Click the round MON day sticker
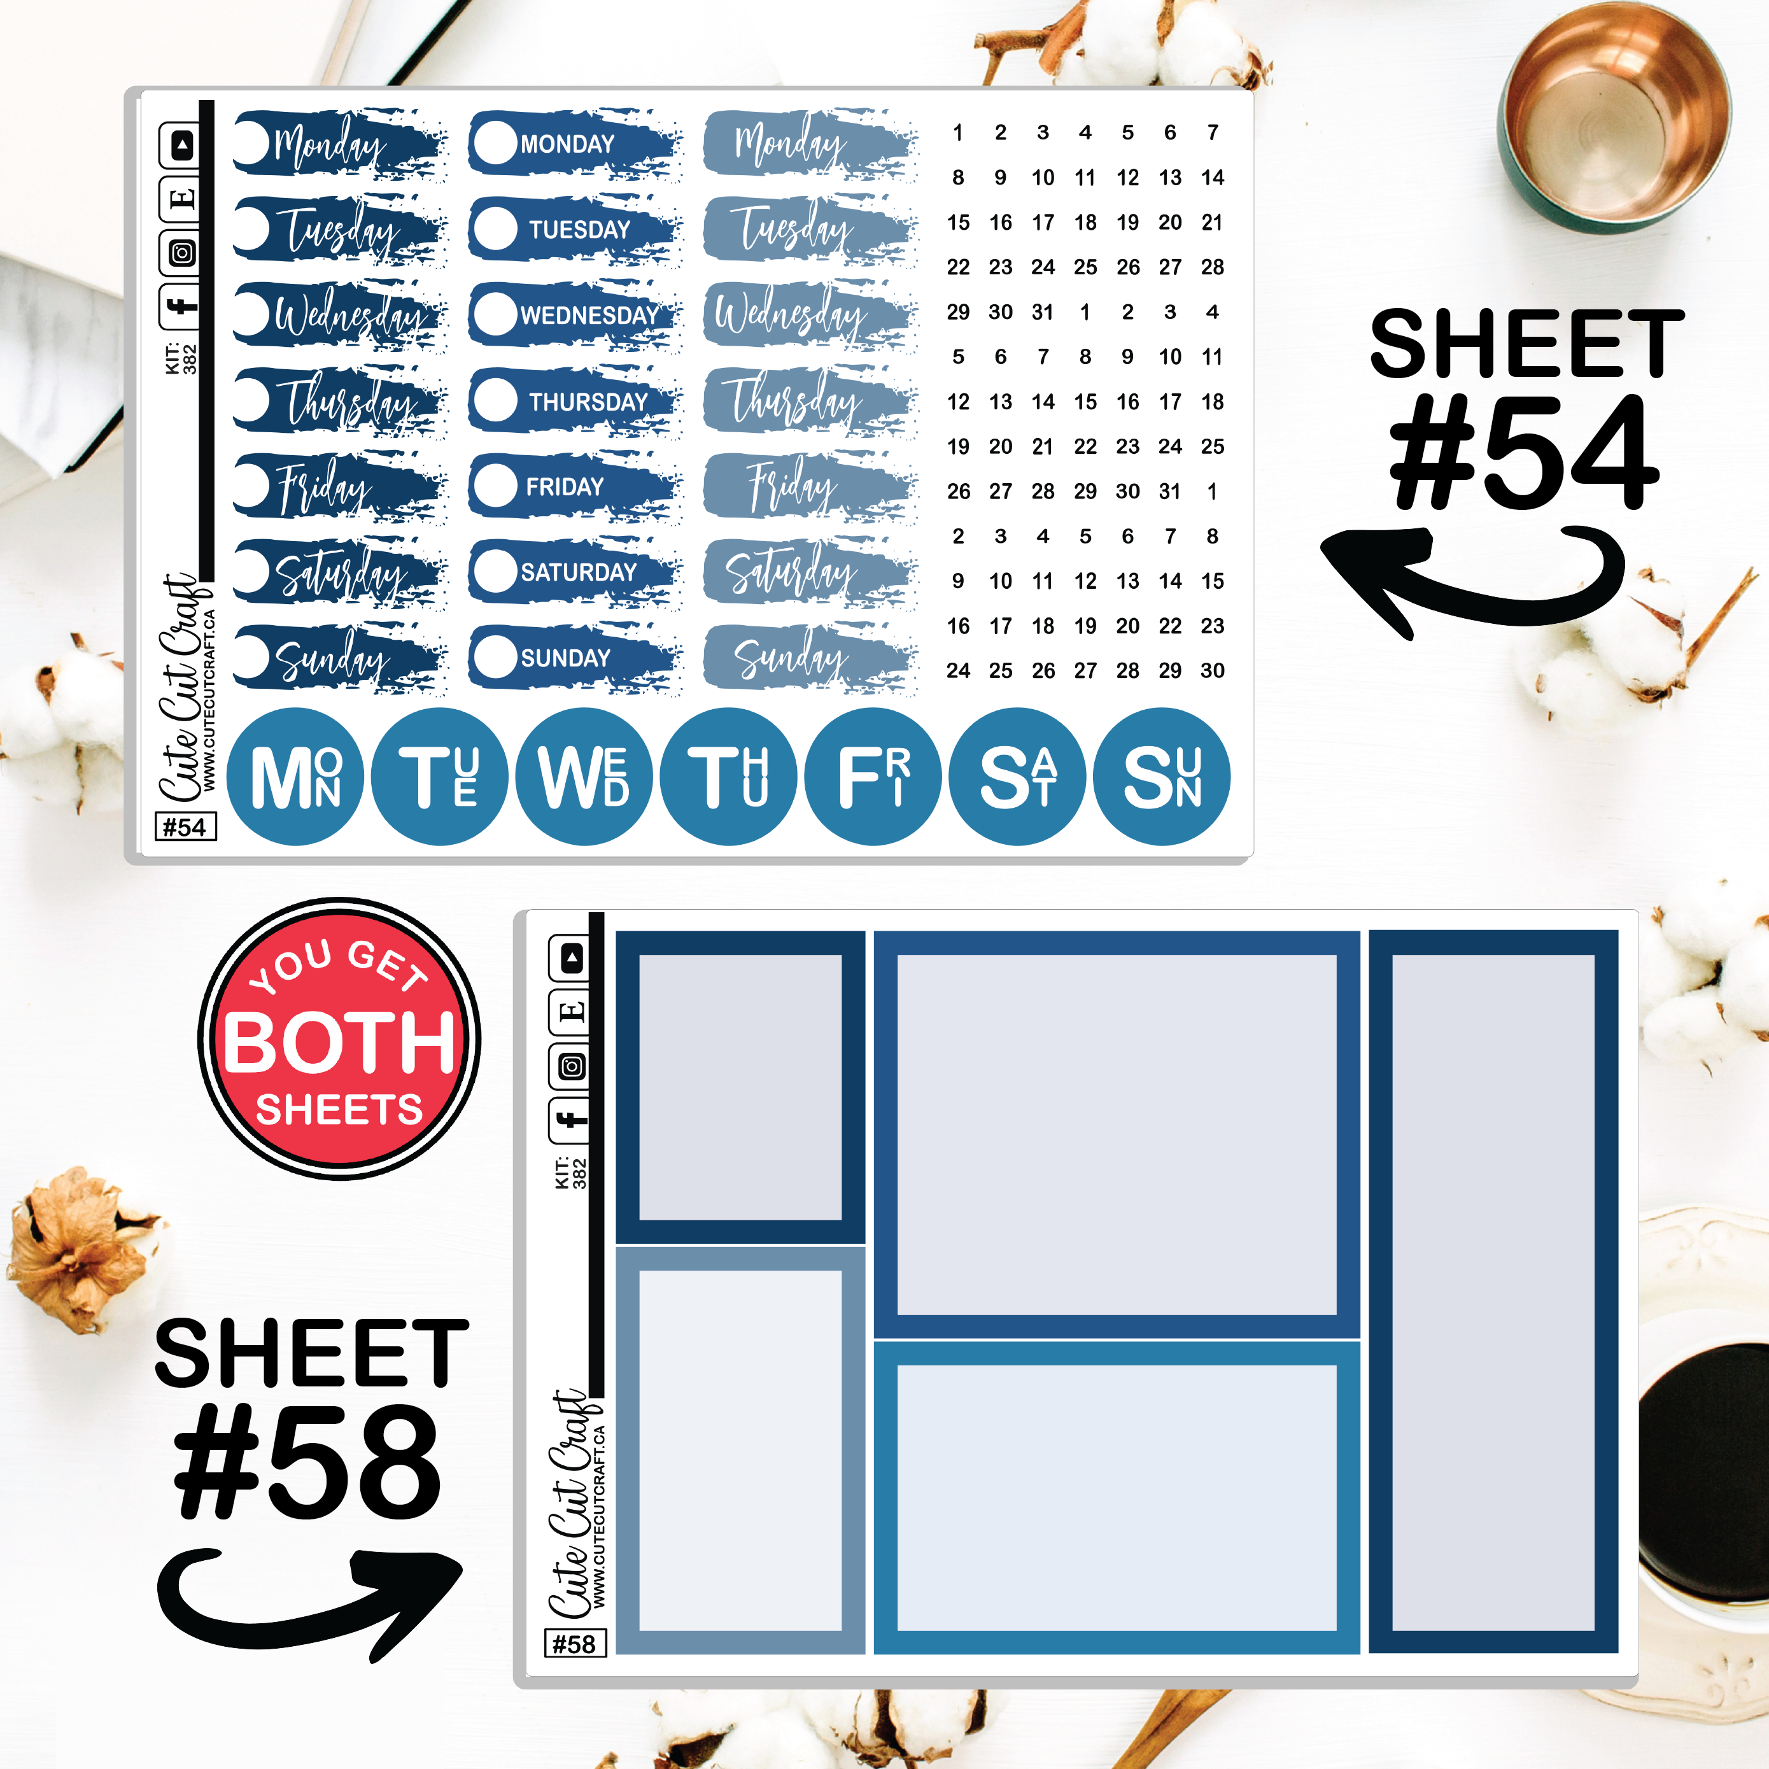[x=295, y=777]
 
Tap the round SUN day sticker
[x=1162, y=777]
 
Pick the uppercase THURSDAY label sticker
[x=575, y=400]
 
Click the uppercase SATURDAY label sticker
[x=575, y=572]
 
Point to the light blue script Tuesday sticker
[x=810, y=229]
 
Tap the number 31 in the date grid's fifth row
[x=1043, y=312]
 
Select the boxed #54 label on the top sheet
[x=186, y=827]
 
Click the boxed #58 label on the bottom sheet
[x=575, y=1644]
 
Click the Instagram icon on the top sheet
[x=181, y=253]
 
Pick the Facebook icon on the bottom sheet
[x=570, y=1119]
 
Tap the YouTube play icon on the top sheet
[x=181, y=144]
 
